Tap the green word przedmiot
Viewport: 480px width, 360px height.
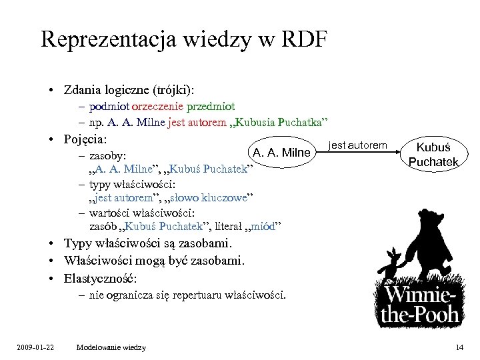click(213, 107)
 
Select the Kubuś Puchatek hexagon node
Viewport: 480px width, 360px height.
click(434, 153)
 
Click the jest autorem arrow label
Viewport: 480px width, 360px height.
click(357, 145)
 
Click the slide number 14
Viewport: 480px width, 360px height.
click(459, 347)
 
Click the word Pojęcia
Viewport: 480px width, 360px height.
click(86, 139)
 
